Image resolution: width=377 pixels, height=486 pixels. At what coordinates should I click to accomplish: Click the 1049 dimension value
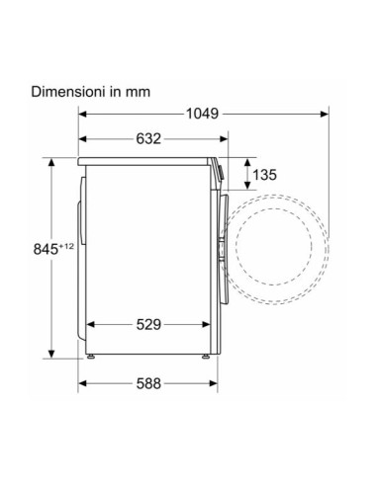[x=202, y=114]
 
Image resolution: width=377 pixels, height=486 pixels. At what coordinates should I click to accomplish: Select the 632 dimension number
[x=148, y=138]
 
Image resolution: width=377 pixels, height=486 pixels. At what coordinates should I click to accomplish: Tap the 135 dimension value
[x=264, y=175]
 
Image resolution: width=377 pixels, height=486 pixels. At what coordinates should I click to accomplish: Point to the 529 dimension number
[x=148, y=325]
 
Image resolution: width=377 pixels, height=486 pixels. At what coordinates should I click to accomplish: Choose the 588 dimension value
[x=148, y=383]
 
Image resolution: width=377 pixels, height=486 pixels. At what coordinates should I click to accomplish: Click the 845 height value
[x=46, y=249]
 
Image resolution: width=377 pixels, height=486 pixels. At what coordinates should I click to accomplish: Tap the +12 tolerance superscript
[x=66, y=246]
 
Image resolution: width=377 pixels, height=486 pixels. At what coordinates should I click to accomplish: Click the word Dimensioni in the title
[x=69, y=91]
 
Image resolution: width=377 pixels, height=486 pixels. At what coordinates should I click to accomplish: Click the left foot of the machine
[x=90, y=356]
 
